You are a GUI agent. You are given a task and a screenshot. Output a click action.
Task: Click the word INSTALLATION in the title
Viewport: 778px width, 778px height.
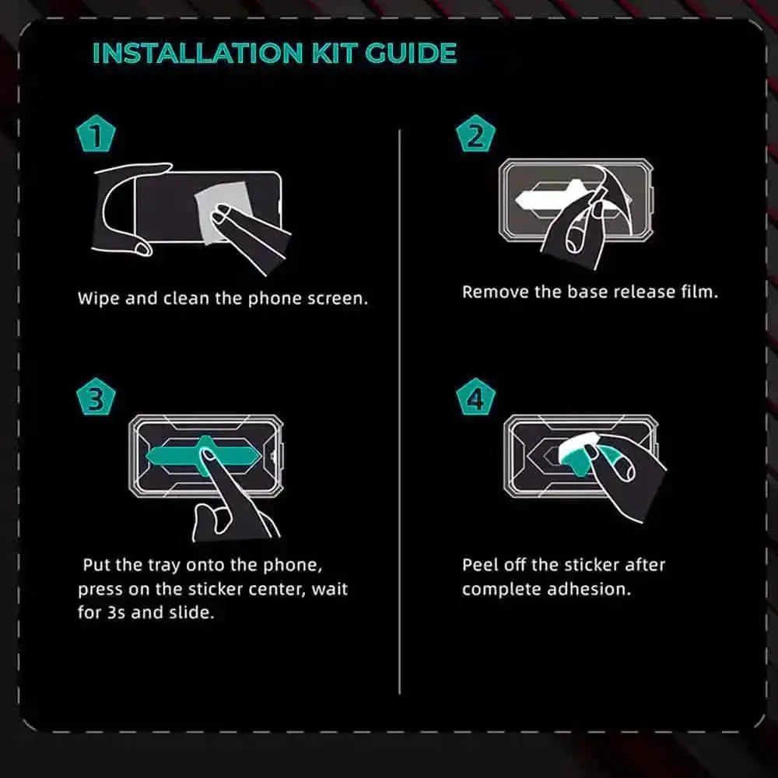[198, 54]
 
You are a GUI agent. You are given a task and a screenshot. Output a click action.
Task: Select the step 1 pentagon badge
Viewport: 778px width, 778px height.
[96, 134]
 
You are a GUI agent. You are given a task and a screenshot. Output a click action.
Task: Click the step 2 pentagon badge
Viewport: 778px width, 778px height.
[475, 134]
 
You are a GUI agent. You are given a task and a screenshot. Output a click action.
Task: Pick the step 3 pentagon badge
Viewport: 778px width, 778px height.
[96, 397]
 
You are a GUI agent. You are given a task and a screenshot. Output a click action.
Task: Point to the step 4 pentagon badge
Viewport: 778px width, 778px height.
[475, 397]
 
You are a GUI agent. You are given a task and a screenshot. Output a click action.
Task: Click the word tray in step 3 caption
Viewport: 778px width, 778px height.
[163, 566]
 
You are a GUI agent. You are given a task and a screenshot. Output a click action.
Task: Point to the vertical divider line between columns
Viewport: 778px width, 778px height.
[399, 412]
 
